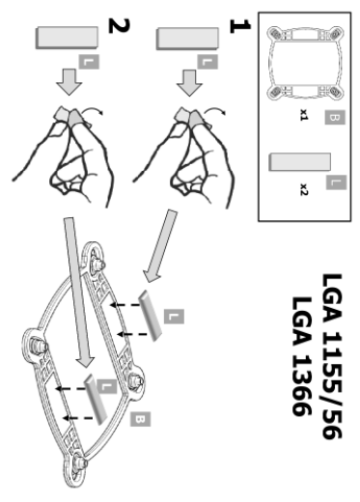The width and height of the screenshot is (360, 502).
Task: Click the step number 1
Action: (239, 26)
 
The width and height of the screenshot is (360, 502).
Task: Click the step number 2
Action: (119, 26)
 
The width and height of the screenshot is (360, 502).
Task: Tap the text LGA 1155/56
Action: (331, 356)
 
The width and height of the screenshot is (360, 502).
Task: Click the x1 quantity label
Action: (304, 115)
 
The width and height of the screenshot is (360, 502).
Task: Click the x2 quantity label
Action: (304, 189)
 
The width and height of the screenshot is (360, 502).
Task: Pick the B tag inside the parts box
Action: (335, 117)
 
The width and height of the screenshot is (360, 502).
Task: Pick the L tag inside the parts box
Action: (336, 182)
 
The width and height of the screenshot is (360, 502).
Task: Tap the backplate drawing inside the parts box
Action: (305, 63)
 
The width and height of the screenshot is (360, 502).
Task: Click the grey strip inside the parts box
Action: (300, 162)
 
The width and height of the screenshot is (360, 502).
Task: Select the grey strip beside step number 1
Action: (187, 39)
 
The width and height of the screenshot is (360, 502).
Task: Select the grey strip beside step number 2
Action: (67, 38)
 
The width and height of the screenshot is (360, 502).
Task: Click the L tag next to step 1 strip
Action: (208, 62)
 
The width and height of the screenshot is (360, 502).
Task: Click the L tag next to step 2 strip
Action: (89, 62)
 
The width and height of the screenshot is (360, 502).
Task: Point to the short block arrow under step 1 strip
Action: (189, 83)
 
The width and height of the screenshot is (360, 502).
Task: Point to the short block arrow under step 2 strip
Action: (69, 82)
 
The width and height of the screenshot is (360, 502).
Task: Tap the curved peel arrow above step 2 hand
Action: (93, 110)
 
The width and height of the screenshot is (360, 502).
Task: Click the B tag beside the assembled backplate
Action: (140, 419)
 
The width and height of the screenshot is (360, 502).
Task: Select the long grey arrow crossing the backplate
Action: (78, 293)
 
